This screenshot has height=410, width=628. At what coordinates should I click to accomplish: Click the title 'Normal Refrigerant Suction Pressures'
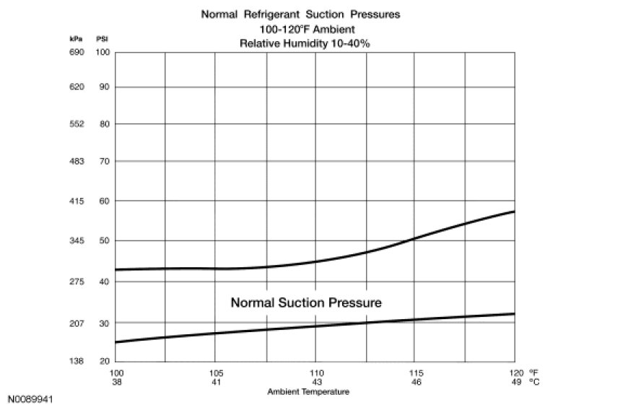[300, 14]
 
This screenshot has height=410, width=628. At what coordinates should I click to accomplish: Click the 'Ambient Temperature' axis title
[308, 392]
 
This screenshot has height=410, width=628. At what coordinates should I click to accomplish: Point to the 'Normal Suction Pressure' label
[306, 302]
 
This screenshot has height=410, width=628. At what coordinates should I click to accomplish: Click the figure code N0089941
[30, 398]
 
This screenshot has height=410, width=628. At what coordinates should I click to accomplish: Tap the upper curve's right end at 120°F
[514, 211]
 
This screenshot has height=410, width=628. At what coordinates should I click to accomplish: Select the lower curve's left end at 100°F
[115, 342]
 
